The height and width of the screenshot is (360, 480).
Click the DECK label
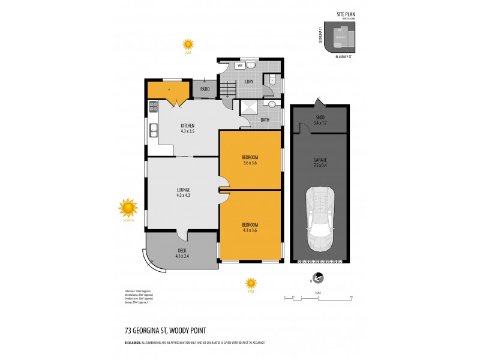(x=182, y=253)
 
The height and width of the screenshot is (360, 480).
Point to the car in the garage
(x=319, y=219)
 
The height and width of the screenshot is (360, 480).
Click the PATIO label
(x=205, y=90)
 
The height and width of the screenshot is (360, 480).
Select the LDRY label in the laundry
(x=248, y=82)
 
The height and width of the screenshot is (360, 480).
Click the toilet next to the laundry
(x=272, y=79)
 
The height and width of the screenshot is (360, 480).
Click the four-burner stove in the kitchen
(x=153, y=107)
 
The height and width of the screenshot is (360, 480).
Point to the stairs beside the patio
(x=227, y=92)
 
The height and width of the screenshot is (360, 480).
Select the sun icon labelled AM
(x=188, y=44)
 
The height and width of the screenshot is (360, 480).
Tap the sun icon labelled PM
(x=251, y=283)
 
